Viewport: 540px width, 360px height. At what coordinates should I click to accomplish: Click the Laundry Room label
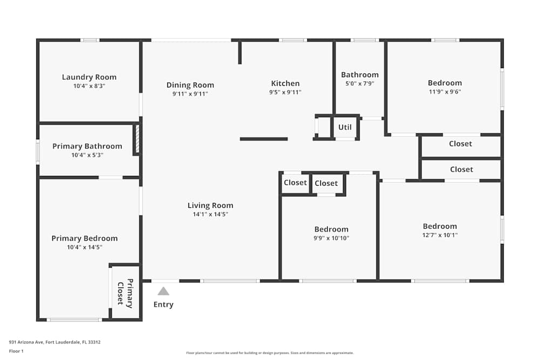[89, 77]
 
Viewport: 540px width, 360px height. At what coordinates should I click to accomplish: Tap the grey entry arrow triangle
[163, 291]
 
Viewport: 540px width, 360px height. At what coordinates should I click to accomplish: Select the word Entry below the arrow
[163, 304]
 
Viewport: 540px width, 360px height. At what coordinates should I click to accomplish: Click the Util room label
[345, 127]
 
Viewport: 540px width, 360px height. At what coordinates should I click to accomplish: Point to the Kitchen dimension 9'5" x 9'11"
[285, 92]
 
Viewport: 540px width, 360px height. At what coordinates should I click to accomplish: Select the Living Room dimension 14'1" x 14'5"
[210, 214]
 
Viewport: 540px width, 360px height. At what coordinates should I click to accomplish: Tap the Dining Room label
[190, 85]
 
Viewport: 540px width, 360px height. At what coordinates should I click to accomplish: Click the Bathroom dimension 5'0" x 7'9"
[360, 84]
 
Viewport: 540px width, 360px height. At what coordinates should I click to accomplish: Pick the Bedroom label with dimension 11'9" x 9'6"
[445, 83]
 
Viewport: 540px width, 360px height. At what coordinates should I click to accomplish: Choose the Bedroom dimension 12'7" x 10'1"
[440, 235]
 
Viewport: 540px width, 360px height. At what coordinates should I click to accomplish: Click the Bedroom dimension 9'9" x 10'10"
[332, 238]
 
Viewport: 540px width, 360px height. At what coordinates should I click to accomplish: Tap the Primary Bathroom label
[87, 146]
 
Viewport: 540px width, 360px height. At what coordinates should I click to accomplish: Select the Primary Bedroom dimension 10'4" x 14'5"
[84, 247]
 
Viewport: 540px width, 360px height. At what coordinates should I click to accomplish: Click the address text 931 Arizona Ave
[55, 342]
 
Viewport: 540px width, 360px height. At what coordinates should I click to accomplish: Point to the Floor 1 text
[16, 351]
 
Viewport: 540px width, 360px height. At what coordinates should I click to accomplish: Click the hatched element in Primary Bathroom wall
[137, 140]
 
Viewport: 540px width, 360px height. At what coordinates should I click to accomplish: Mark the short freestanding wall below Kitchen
[264, 139]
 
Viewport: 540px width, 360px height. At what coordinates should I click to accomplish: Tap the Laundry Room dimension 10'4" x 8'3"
[89, 86]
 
